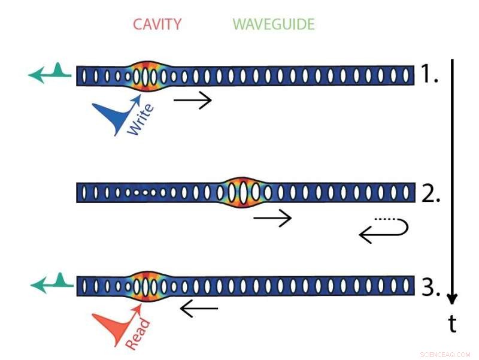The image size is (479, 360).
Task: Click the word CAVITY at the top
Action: [157, 25]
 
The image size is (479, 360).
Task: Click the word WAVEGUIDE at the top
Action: [274, 25]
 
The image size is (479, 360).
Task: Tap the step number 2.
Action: [429, 193]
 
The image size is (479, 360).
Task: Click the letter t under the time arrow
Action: [452, 324]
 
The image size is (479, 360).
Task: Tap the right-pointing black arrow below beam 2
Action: [272, 218]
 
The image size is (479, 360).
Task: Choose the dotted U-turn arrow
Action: [384, 230]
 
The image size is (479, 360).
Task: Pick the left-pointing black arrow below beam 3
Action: [199, 309]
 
